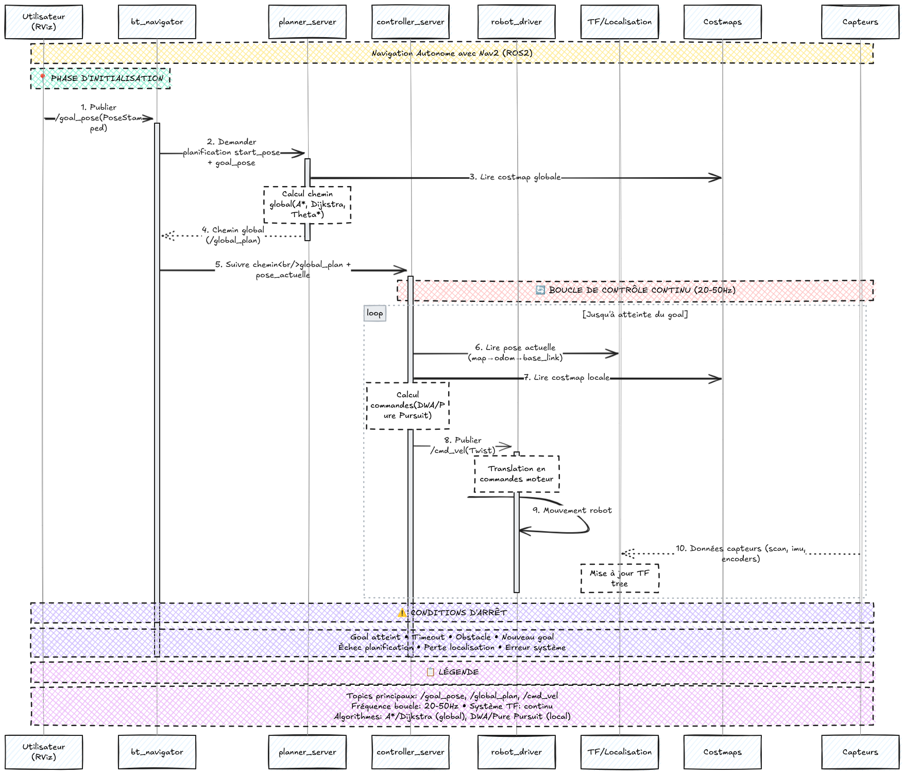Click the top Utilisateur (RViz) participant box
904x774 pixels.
coord(44,22)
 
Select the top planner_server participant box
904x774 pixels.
coord(308,22)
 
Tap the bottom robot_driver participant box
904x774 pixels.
coord(516,752)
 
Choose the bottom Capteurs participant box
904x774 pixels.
coord(860,752)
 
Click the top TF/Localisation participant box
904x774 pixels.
coord(620,22)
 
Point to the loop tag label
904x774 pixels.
coord(375,313)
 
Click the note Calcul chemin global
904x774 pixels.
coord(308,205)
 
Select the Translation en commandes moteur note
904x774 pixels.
coord(517,474)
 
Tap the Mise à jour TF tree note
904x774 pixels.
coord(620,578)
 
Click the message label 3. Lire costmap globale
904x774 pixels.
coord(515,177)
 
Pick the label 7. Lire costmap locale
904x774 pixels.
coord(567,378)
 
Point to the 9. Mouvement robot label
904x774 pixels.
coord(572,510)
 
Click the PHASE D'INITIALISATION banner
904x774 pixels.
coord(100,78)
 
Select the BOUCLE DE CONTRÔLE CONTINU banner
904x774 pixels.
coord(635,290)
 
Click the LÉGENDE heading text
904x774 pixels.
coord(452,672)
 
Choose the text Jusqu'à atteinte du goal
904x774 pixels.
coord(635,314)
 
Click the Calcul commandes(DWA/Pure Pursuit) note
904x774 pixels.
coord(407,406)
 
